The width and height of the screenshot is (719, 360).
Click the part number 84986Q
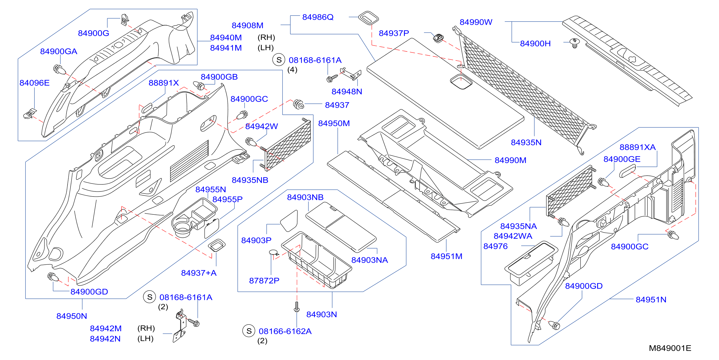[318, 17]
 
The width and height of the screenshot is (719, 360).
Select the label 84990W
[476, 22]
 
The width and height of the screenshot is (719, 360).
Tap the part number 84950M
[334, 123]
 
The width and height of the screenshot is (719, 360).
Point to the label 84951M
[446, 256]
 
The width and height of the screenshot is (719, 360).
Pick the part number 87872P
[264, 280]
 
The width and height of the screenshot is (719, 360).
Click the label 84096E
[34, 83]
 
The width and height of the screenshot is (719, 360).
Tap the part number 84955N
[210, 189]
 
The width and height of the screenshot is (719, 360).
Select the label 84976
[495, 246]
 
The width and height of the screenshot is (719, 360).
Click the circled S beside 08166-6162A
[249, 331]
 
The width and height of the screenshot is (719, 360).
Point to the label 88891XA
[638, 147]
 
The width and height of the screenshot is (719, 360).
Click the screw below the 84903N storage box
[297, 307]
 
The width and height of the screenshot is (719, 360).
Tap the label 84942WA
[513, 236]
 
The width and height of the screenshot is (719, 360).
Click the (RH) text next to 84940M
[266, 37]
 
